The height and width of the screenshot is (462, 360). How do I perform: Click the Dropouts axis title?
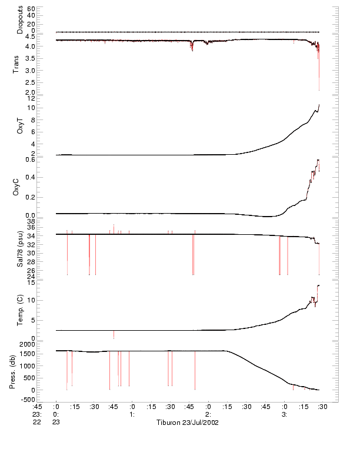(20, 20)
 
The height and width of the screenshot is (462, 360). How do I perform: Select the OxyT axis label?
(20, 125)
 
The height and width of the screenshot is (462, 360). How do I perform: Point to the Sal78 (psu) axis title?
(20, 250)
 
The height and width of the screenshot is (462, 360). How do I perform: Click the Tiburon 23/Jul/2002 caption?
(187, 423)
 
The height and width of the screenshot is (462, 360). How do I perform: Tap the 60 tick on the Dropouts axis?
(31, 9)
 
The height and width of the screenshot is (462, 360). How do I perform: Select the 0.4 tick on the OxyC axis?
(29, 177)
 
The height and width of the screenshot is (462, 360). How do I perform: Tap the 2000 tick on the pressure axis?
(27, 343)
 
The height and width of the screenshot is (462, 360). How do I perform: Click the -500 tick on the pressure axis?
(27, 400)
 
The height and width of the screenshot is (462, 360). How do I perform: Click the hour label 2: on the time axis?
(208, 414)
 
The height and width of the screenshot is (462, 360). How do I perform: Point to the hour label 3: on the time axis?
(284, 414)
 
